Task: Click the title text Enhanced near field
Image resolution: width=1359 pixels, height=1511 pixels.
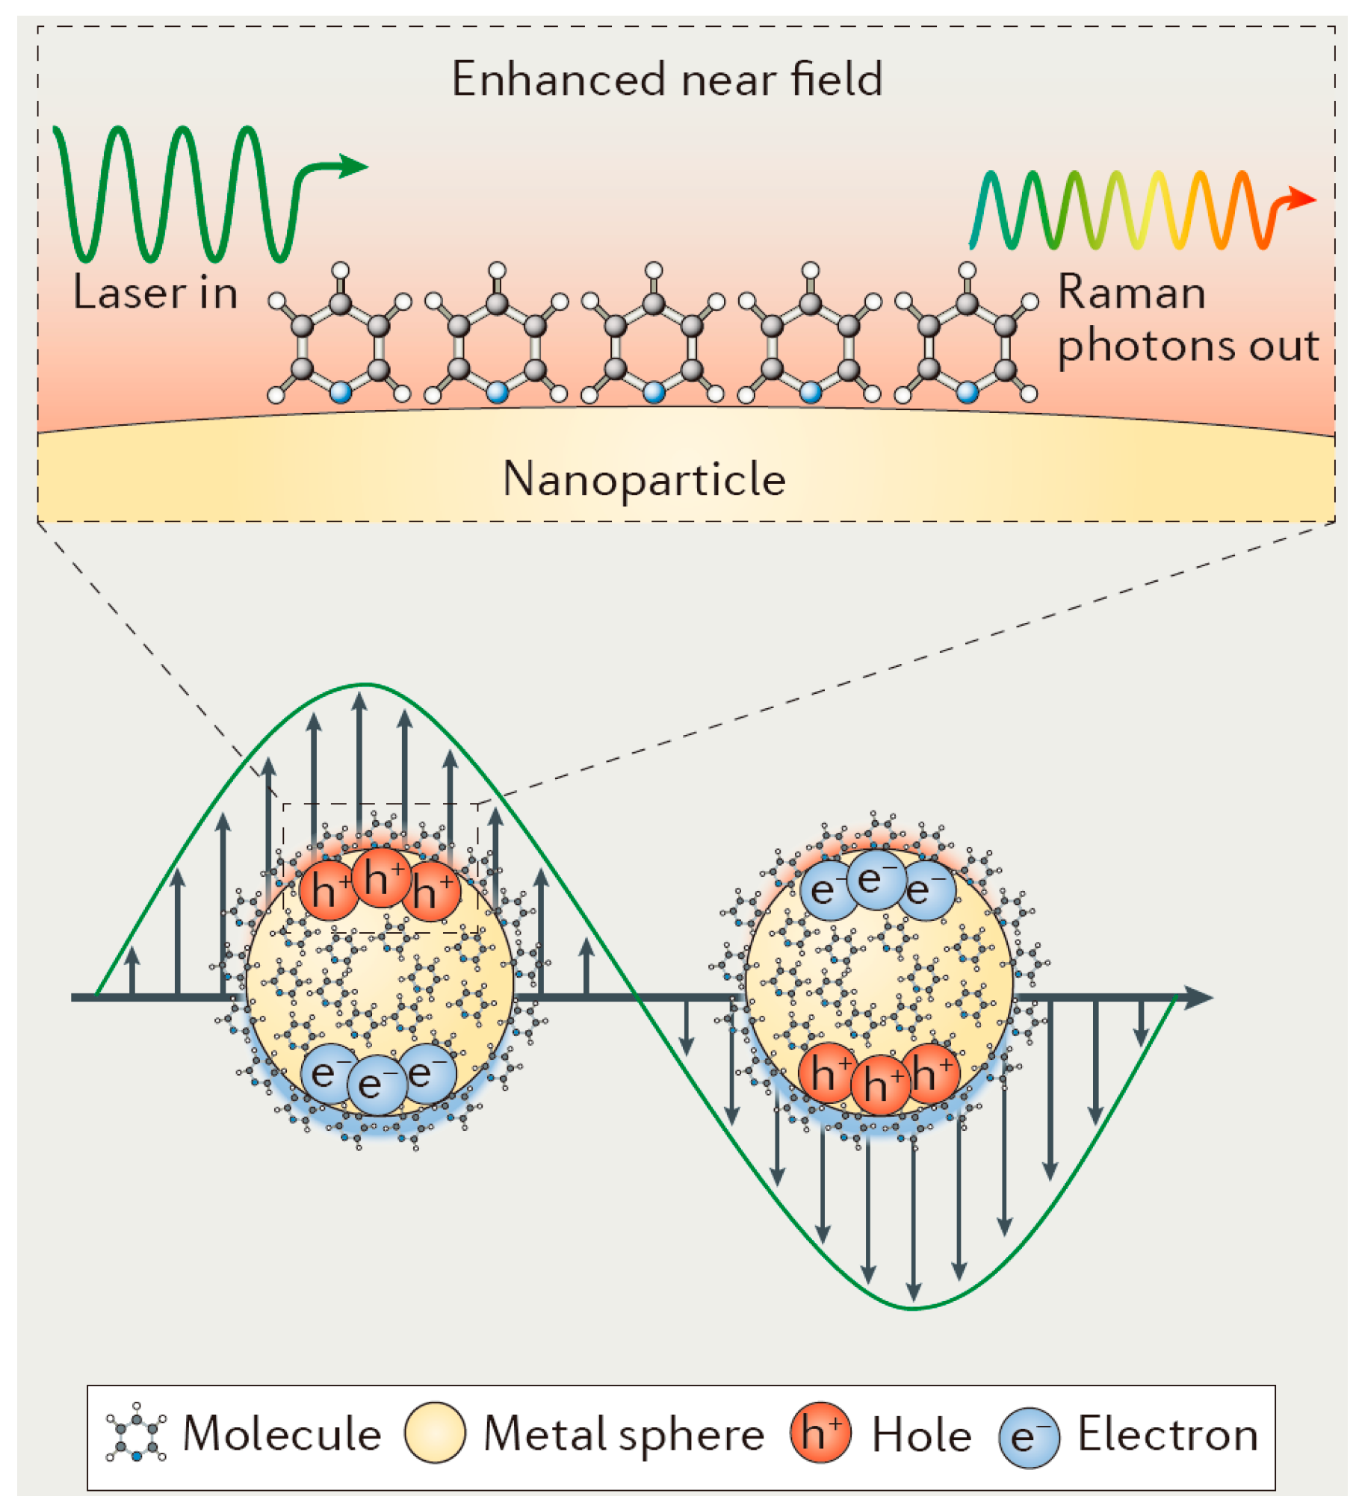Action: click(x=667, y=78)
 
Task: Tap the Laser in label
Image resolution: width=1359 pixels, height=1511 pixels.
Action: click(x=155, y=293)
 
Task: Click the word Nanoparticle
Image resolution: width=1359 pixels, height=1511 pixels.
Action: click(x=644, y=479)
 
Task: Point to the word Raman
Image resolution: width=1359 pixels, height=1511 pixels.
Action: click(x=1131, y=292)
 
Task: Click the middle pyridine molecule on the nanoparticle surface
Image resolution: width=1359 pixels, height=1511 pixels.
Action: click(x=654, y=336)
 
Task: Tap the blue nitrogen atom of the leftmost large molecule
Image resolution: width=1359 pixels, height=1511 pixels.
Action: click(x=341, y=391)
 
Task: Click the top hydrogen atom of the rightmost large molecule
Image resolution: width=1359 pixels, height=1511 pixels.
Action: click(x=967, y=270)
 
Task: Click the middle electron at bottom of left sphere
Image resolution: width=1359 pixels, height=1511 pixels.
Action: click(x=377, y=1085)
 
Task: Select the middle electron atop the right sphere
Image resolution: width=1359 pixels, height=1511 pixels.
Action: click(x=876, y=880)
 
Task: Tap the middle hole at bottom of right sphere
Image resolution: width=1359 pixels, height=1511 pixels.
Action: click(x=880, y=1085)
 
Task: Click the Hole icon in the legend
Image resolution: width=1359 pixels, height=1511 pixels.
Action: click(x=820, y=1432)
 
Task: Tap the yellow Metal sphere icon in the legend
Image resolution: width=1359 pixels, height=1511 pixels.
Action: click(x=435, y=1432)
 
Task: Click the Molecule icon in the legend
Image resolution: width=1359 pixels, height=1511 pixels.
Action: click(x=136, y=1432)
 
